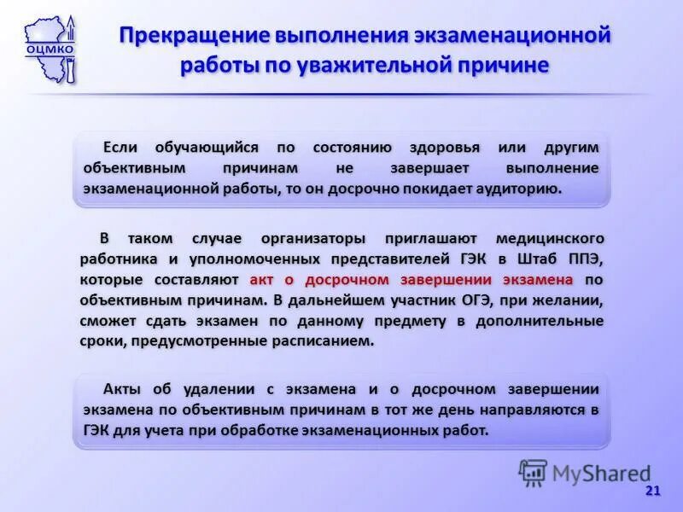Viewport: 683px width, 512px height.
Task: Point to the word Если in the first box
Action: pos(120,147)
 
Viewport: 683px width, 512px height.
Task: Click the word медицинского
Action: pos(550,237)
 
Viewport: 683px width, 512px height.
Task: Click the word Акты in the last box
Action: pos(123,389)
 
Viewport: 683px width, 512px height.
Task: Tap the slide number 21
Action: pos(653,491)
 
